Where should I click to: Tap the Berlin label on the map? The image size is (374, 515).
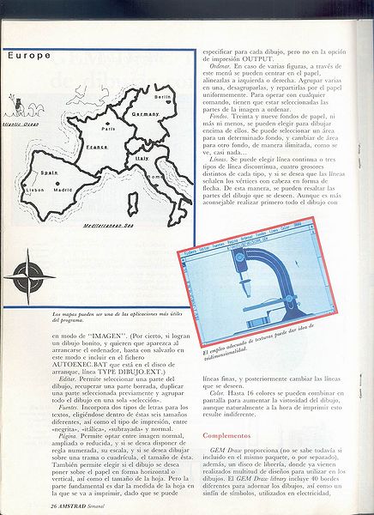tap(163, 97)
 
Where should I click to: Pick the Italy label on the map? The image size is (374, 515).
tap(142, 159)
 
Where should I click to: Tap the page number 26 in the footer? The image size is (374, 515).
tap(29, 507)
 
